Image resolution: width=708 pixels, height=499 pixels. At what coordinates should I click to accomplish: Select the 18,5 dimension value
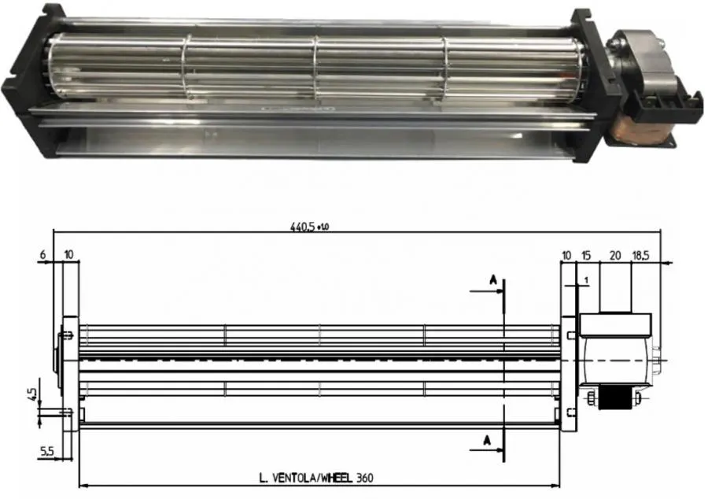[x=641, y=256]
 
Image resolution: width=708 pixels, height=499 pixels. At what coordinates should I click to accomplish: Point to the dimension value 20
[x=616, y=256]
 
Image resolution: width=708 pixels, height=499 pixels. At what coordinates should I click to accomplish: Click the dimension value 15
[x=587, y=256]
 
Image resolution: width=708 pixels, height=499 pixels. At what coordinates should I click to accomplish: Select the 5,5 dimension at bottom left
[x=47, y=451]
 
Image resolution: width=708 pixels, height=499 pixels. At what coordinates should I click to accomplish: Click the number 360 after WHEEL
[x=364, y=477]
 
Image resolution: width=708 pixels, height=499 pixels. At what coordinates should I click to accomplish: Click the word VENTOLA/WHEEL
[x=312, y=477]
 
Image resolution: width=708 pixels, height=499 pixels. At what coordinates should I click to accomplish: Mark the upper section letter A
[x=491, y=279]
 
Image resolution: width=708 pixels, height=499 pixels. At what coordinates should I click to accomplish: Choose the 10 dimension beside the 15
[x=567, y=256]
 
